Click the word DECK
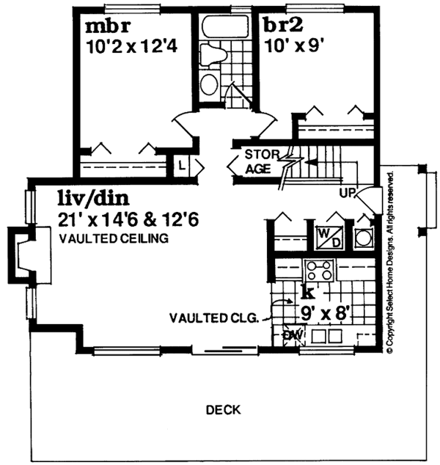[223, 409]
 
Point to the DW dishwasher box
[293, 335]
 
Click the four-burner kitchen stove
[321, 271]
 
